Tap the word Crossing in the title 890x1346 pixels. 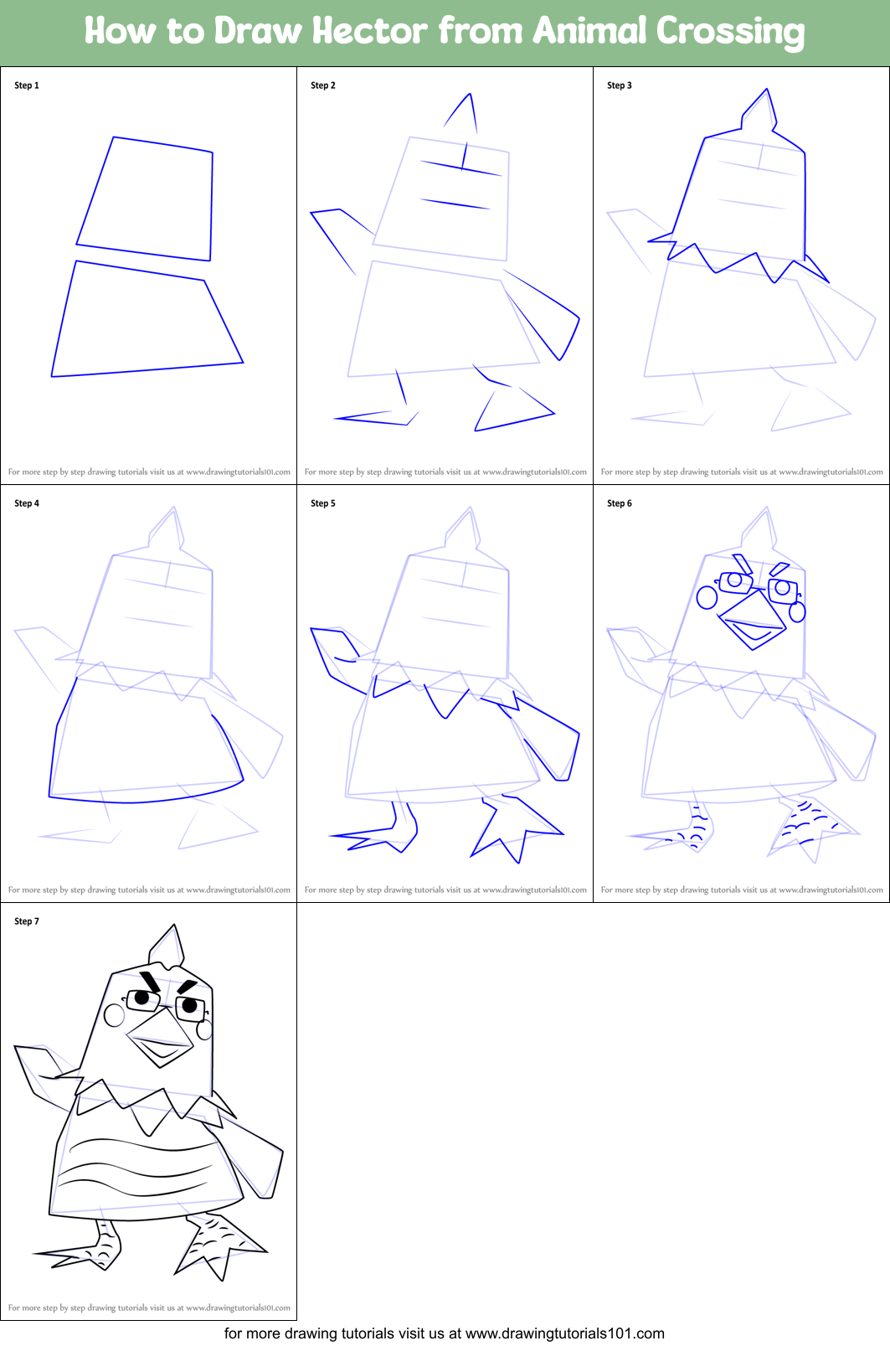[x=729, y=31]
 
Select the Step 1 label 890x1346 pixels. [x=27, y=85]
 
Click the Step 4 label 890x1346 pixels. [x=27, y=503]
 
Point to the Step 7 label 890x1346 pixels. [x=27, y=921]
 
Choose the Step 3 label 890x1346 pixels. [x=620, y=85]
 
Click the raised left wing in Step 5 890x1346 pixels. [x=339, y=658]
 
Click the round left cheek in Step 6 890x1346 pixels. [x=707, y=597]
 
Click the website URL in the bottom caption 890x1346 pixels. [x=564, y=1333]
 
